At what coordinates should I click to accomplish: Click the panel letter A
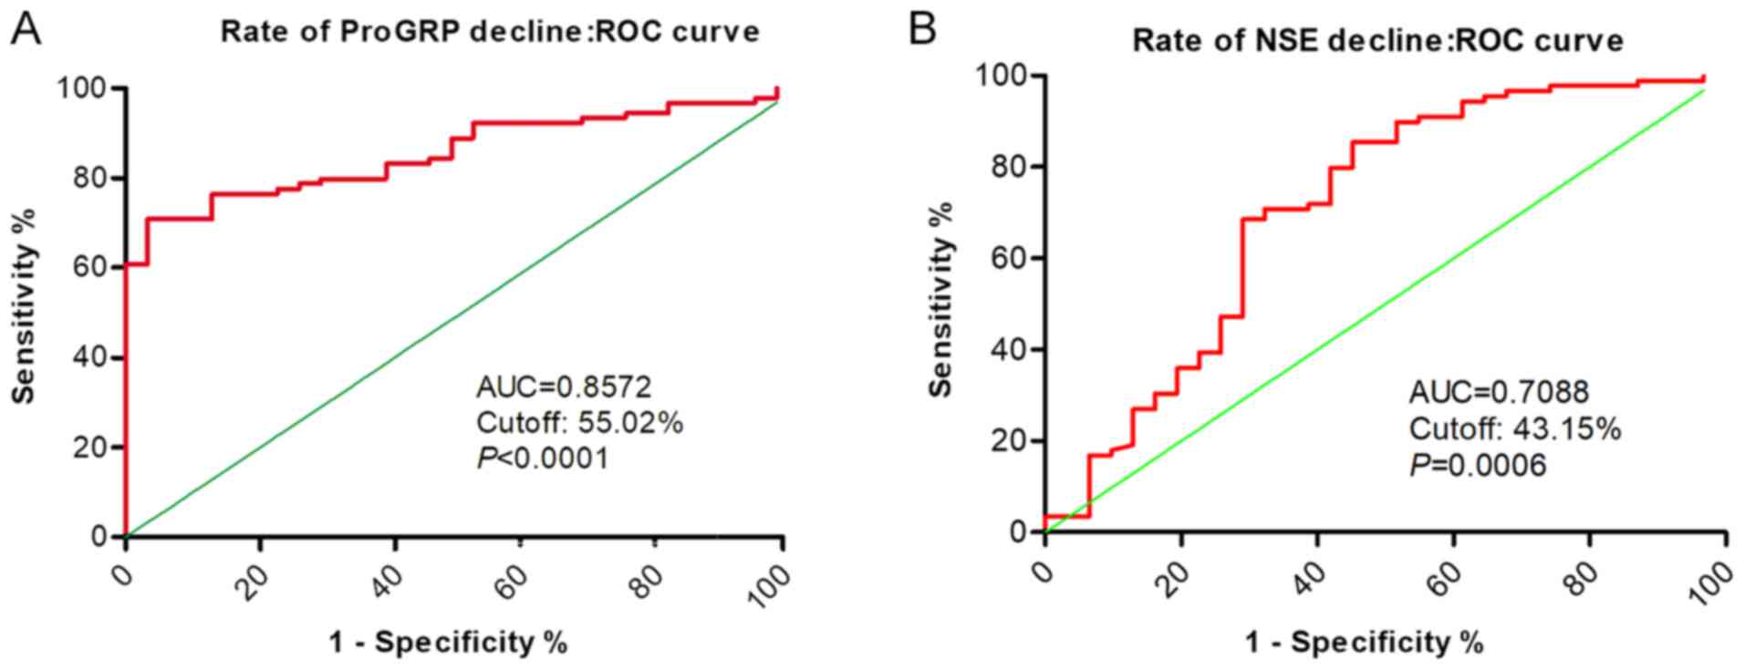click(26, 29)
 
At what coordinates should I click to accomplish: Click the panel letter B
click(922, 29)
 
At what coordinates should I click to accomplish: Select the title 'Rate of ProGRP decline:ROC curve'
click(490, 32)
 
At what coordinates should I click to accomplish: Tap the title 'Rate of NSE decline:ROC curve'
click(1377, 41)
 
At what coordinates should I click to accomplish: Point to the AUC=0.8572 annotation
click(564, 387)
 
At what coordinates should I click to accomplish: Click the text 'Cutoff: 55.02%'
click(579, 423)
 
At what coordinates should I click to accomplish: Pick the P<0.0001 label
click(542, 458)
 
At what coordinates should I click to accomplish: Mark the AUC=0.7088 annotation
click(1499, 393)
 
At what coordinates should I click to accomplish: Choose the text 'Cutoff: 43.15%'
click(1514, 428)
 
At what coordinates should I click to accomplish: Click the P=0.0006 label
click(1478, 465)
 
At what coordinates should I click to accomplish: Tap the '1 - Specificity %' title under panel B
click(1365, 643)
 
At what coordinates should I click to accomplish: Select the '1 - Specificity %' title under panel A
click(448, 643)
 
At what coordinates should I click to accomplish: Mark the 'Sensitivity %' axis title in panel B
click(942, 299)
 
